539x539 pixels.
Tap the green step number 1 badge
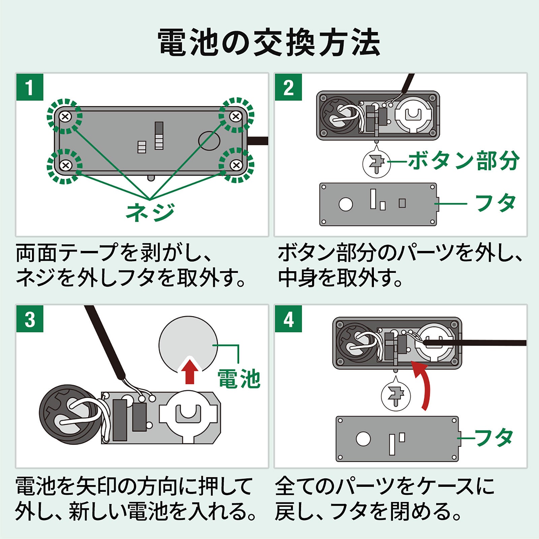[30, 87]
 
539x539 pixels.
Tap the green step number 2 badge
[288, 87]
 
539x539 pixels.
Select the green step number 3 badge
[30, 319]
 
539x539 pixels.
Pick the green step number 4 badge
[288, 319]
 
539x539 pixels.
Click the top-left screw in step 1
[65, 117]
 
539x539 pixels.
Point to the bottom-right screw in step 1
[236, 165]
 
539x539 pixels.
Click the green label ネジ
[150, 212]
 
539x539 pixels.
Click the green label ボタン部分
[464, 161]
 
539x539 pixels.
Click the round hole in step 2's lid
[346, 204]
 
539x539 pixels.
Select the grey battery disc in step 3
[188, 340]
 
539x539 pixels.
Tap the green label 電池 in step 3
[239, 379]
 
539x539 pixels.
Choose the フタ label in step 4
[493, 438]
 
